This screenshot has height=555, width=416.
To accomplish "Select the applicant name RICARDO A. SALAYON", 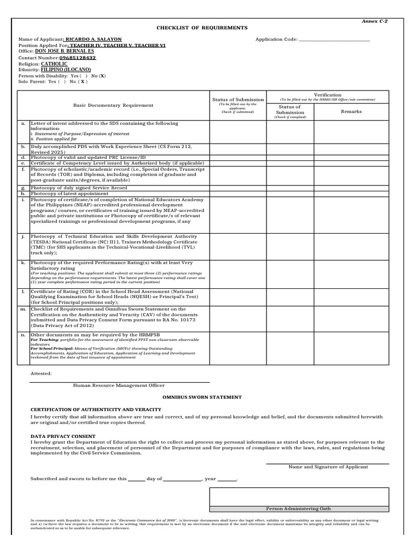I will coord(93,40).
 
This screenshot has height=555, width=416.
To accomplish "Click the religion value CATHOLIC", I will coord(54,63).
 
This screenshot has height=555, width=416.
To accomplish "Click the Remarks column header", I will coord(350,111).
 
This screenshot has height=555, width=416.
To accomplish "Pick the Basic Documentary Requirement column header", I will coord(113,105).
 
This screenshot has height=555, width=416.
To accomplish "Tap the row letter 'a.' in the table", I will coord(23,124).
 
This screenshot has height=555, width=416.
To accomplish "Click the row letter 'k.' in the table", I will coord(23,262).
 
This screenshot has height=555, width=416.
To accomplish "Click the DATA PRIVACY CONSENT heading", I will coord(63,436).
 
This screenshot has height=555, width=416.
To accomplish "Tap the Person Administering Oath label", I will coord(298,509).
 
